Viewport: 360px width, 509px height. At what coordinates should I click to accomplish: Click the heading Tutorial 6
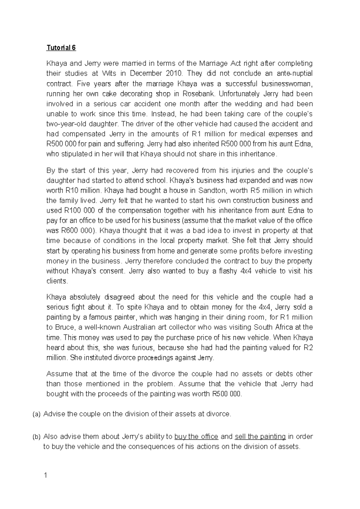pos(61,48)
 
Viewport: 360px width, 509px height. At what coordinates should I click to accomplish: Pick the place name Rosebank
pos(198,94)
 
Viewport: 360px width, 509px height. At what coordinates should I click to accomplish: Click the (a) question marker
pos(36,414)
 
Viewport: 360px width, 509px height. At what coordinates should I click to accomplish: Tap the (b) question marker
pos(36,437)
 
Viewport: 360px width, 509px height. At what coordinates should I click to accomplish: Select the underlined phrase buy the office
pos(196,437)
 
